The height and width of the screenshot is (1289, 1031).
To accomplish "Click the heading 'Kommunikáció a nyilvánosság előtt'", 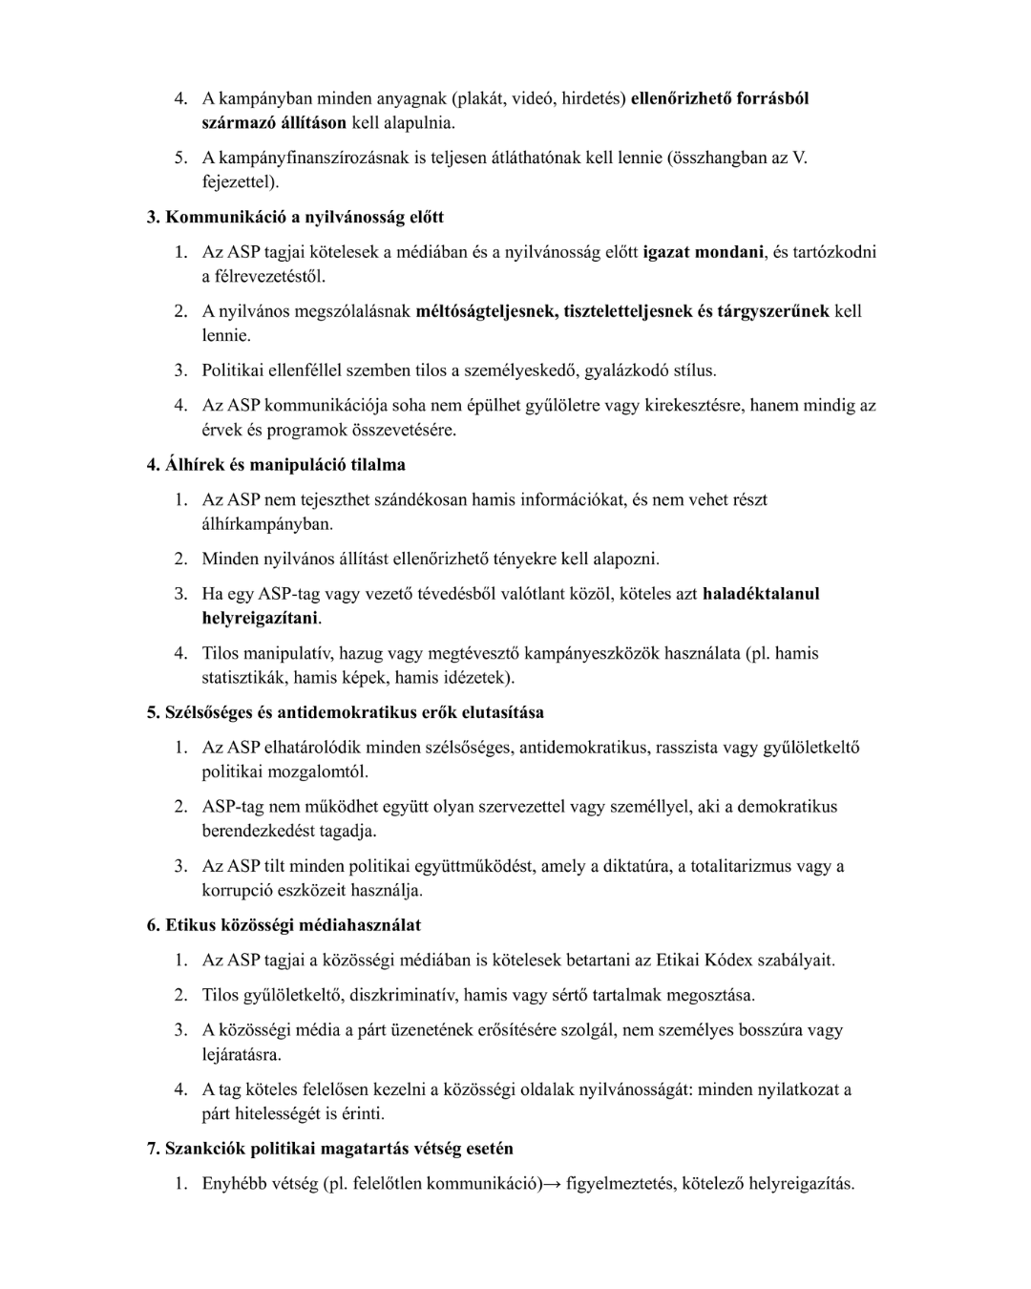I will coord(295,218).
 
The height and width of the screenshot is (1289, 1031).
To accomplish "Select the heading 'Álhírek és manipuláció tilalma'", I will coord(276,465).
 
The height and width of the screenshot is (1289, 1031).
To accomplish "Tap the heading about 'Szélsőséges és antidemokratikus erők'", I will coord(346,712).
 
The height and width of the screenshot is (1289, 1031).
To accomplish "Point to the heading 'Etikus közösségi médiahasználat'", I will coord(284,925).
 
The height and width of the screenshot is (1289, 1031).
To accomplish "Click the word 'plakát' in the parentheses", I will coord(478,98).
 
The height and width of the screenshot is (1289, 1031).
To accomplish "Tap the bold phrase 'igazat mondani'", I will coord(704,252).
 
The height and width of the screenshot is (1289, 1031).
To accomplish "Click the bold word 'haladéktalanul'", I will coord(761,594).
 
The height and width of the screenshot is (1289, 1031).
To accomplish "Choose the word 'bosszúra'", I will coord(769,1030).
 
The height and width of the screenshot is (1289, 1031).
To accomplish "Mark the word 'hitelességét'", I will coord(284,1113).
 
